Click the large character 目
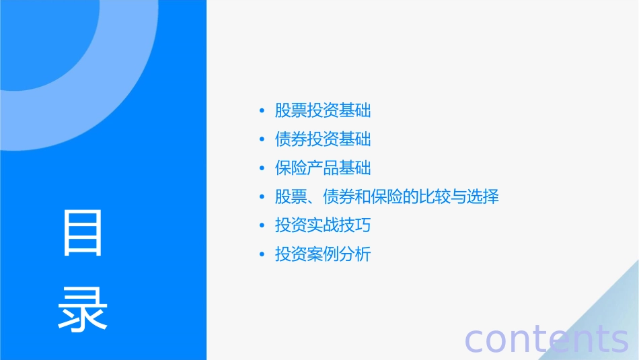83,233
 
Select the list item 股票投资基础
323,110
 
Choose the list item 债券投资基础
323,139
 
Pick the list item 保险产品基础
323,168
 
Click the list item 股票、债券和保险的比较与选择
387,197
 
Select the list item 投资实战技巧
323,225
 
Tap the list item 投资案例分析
323,254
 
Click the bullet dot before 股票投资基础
262,111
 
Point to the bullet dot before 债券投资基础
262,140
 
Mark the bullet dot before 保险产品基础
262,169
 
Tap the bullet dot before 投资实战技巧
262,226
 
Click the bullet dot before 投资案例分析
262,255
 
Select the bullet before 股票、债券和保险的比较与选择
262,198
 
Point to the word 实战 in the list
323,225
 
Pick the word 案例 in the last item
323,254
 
